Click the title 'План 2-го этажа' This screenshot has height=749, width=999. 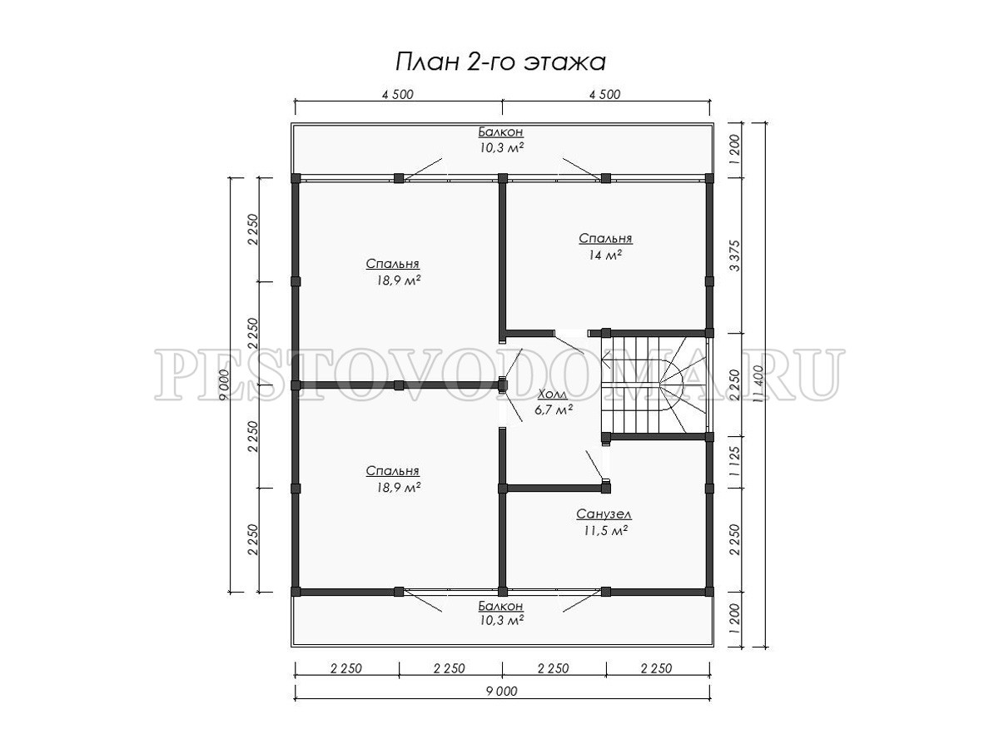[x=500, y=62]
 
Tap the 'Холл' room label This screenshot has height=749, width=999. [x=553, y=394]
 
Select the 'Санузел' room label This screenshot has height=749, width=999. [x=604, y=514]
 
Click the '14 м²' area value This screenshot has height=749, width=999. [x=605, y=255]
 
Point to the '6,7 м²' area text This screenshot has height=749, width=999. [x=553, y=409]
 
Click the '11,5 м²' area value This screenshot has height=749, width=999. [x=606, y=531]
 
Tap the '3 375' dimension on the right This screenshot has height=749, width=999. [x=734, y=255]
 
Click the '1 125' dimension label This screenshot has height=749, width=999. [x=734, y=462]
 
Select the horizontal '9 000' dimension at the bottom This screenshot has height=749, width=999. [x=502, y=692]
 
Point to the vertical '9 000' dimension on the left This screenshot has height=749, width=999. [x=224, y=384]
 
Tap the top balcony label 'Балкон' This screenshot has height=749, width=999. [x=500, y=131]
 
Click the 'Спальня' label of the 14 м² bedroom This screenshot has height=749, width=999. [x=605, y=238]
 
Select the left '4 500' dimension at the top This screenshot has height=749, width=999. [x=398, y=94]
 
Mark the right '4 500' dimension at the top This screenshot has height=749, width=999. [x=605, y=94]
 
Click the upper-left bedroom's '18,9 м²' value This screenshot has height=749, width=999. [x=398, y=280]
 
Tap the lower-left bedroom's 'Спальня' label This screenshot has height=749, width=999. [x=393, y=471]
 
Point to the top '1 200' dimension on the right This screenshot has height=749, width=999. [x=734, y=150]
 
